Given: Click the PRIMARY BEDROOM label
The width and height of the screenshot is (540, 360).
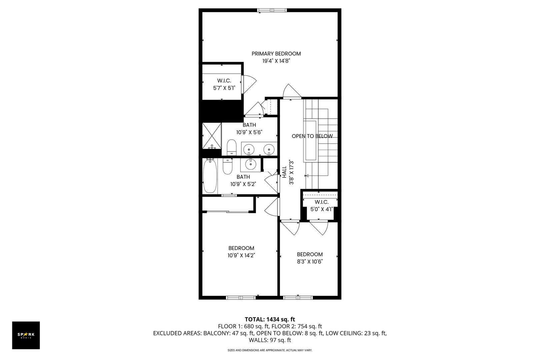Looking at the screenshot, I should point(276,54).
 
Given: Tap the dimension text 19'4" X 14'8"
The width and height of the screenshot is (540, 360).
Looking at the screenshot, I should point(276,61).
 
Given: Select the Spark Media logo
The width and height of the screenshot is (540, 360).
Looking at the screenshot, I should point(26,335).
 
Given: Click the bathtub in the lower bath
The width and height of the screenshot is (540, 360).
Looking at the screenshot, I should point(210,176).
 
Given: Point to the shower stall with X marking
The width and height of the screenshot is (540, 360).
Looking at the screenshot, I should point(212,136).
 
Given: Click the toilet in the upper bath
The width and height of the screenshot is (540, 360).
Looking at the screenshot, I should point(231,148).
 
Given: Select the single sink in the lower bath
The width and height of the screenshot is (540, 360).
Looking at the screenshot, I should point(250,164).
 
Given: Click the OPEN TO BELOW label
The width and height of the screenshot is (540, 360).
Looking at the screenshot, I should point(312,136).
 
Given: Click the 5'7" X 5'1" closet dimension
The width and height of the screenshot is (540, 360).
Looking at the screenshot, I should point(224,88).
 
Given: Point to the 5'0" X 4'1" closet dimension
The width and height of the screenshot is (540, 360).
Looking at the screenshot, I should point(321,209).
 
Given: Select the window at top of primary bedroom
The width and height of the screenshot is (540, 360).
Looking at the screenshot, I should point(272,10).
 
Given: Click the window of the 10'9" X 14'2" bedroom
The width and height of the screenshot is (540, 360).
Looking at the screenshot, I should point(240,297).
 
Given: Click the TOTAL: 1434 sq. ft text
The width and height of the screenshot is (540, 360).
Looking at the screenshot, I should point(270,319).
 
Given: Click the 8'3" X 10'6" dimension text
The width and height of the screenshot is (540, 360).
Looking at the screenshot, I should point(310,262).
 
